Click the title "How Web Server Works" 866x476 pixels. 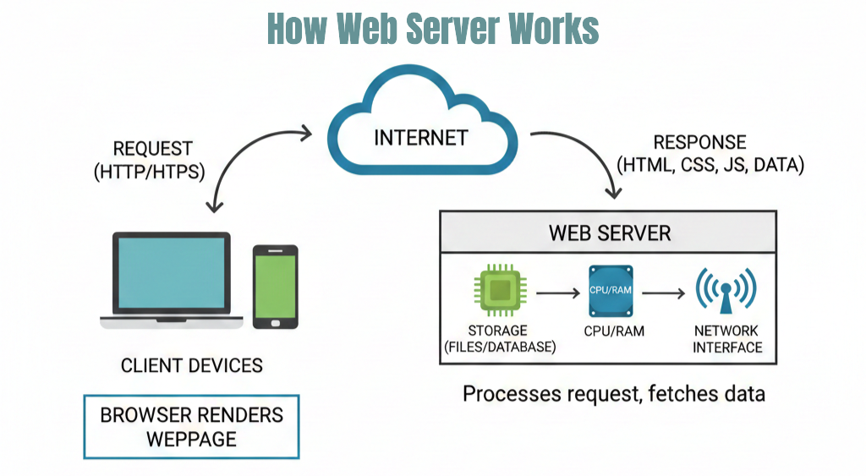click(x=432, y=30)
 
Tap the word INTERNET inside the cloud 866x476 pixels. click(x=420, y=137)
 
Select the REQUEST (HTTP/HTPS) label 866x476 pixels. click(x=153, y=160)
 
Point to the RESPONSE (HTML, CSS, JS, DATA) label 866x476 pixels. click(x=710, y=153)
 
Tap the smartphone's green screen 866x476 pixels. click(x=276, y=286)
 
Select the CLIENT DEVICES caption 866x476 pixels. click(x=192, y=365)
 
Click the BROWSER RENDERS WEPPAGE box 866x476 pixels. click(x=191, y=427)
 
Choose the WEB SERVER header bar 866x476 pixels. click(x=607, y=232)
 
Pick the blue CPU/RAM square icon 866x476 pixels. click(x=611, y=291)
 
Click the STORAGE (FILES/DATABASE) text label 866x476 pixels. click(x=497, y=338)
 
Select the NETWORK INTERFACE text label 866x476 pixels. click(x=726, y=338)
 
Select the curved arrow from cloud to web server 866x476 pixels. click(x=593, y=152)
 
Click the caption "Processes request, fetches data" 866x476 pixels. click(x=613, y=393)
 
